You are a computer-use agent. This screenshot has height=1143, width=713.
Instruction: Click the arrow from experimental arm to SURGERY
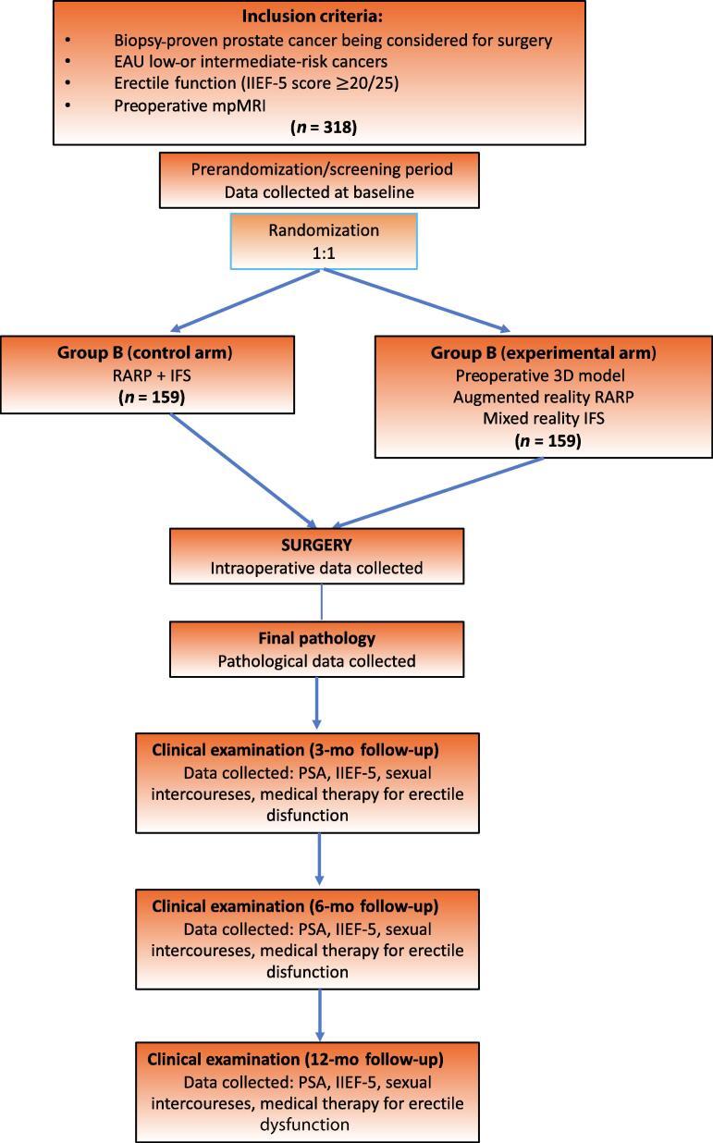pos(435,493)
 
